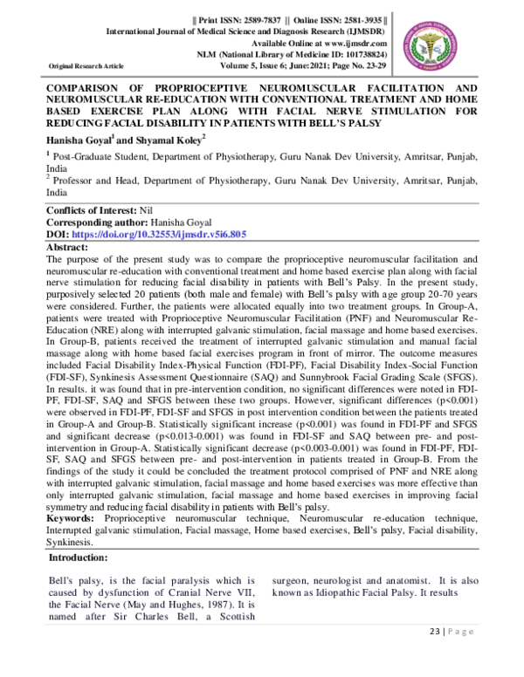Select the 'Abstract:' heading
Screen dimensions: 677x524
point(72,248)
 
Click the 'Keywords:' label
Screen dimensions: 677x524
point(72,518)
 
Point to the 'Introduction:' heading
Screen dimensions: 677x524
point(84,557)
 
